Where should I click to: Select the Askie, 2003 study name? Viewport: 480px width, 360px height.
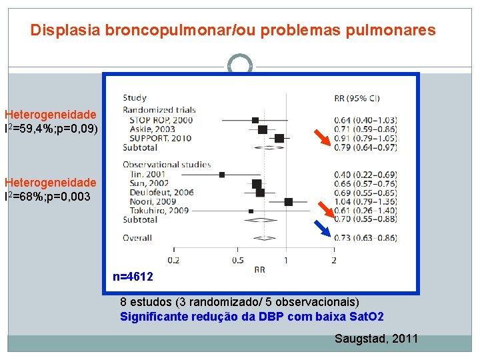point(151,129)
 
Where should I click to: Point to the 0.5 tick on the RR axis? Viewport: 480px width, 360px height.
point(237,259)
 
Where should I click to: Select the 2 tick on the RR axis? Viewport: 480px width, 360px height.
point(333,259)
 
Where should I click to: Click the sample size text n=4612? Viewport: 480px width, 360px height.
point(133,277)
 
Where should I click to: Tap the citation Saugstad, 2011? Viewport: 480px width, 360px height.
point(376,339)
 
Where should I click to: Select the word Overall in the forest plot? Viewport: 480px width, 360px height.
point(137,237)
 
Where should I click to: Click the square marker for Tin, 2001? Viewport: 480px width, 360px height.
point(222,175)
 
